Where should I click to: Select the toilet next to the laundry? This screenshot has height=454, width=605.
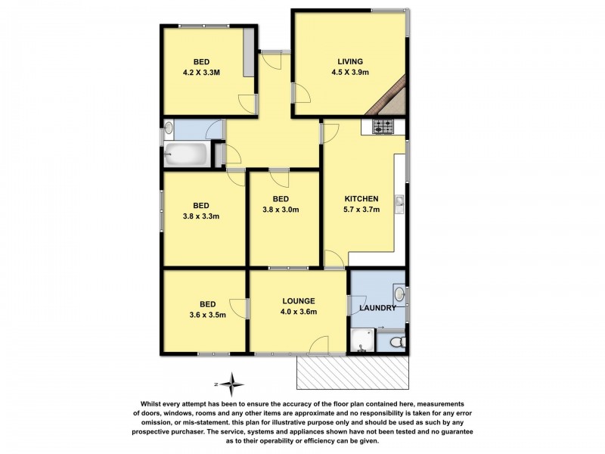pyautogui.click(x=394, y=343)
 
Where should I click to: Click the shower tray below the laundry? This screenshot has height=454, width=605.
pyautogui.click(x=362, y=341)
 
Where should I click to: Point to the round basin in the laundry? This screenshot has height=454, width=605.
pyautogui.click(x=399, y=294)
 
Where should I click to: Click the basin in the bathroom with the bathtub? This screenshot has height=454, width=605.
pyautogui.click(x=169, y=128)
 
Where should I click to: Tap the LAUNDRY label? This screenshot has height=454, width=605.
pyautogui.click(x=378, y=308)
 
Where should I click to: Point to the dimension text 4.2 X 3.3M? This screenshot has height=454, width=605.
pyautogui.click(x=201, y=73)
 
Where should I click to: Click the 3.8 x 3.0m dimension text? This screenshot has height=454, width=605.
pyautogui.click(x=281, y=210)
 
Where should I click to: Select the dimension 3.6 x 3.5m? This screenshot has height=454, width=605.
pyautogui.click(x=200, y=316)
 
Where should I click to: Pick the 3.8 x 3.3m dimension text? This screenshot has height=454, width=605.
pyautogui.click(x=200, y=216)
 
